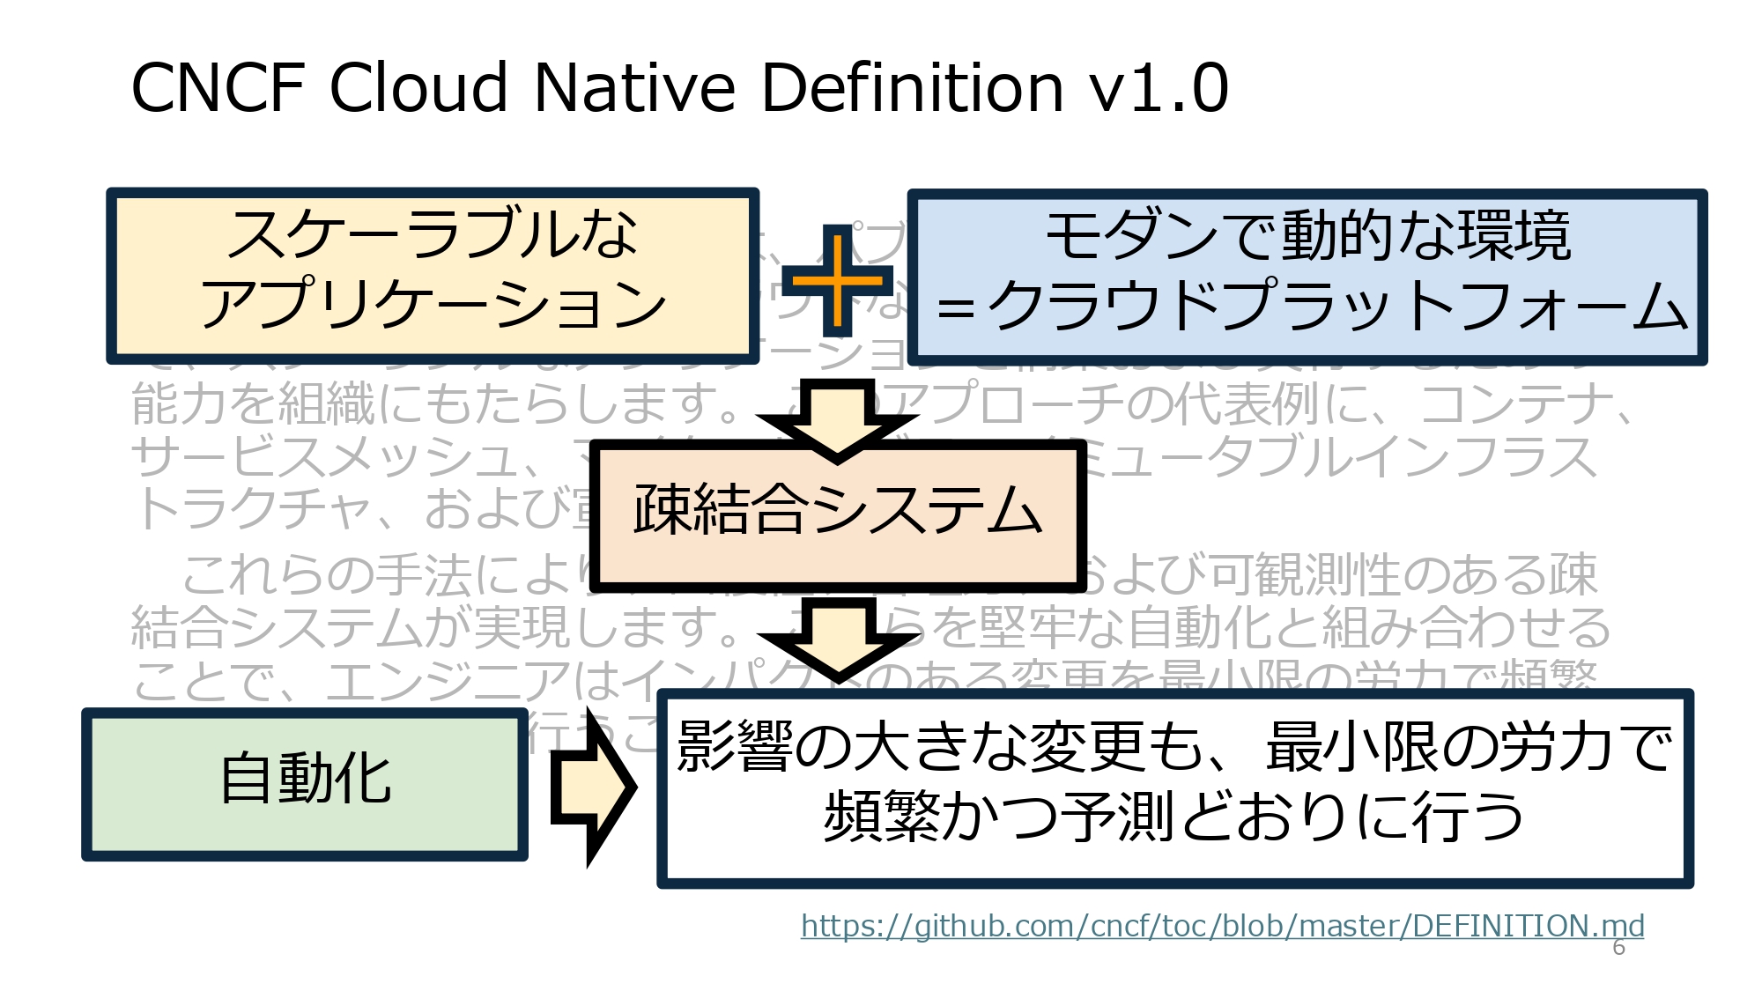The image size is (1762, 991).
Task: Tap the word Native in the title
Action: tap(634, 88)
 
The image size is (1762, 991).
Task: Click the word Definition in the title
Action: tap(912, 88)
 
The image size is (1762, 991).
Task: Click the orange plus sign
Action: tap(837, 281)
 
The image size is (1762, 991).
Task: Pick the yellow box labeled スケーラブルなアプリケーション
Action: tap(432, 276)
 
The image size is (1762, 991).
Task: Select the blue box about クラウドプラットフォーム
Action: tap(1307, 277)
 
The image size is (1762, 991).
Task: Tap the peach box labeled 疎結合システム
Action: tap(838, 514)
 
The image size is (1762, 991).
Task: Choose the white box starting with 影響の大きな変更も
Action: tap(1174, 788)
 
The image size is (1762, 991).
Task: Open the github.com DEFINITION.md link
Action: tap(1222, 926)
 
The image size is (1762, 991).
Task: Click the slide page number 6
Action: tap(1618, 948)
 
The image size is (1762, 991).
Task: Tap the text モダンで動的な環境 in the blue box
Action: tap(1307, 235)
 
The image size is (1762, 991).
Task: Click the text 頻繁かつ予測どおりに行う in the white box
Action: tap(1174, 817)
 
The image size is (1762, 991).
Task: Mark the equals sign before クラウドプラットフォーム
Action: tap(956, 309)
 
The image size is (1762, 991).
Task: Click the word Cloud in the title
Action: tap(419, 88)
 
